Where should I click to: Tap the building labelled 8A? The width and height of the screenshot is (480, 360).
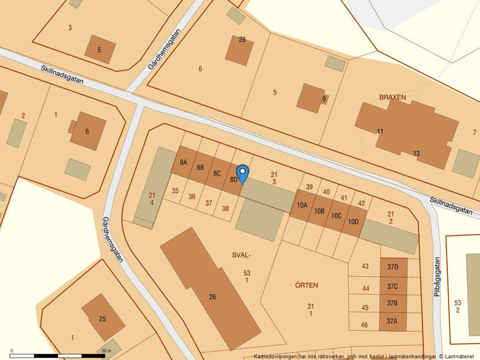tap(184, 162)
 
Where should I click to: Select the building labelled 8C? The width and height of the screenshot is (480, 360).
tap(216, 173)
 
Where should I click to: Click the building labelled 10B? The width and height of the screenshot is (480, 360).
tap(319, 211)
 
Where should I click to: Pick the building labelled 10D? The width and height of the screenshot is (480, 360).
tap(353, 222)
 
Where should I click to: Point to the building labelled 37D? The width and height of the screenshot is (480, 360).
tap(393, 267)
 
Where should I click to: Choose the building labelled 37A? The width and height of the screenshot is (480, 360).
tap(393, 321)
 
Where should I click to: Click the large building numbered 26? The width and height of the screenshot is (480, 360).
tap(212, 297)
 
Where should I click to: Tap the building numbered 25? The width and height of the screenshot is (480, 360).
tap(103, 318)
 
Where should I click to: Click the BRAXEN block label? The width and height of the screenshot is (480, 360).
tap(392, 97)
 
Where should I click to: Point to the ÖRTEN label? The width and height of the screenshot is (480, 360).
tap(306, 286)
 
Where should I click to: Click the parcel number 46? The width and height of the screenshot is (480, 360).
tap(364, 325)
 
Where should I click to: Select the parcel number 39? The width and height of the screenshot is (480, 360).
tap(310, 187)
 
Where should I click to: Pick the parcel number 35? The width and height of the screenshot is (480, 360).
tap(175, 191)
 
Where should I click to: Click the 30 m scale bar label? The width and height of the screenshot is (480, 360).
tap(105, 351)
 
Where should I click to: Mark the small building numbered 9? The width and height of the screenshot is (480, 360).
tap(324, 98)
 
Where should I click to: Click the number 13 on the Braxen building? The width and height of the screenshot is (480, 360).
tap(417, 154)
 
